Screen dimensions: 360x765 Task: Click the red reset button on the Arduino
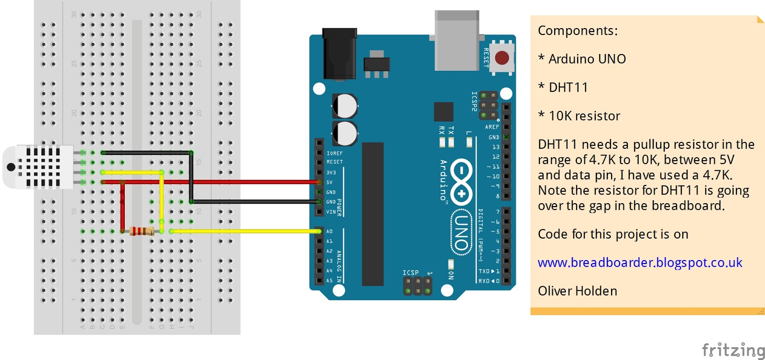(502, 58)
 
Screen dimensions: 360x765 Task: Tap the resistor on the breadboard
(142, 231)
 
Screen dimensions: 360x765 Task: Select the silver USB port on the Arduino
(457, 41)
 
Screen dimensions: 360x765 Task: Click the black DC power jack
(339, 54)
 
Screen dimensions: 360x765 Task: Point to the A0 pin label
(329, 231)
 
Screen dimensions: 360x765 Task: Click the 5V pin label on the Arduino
(329, 182)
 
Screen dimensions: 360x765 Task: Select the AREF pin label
(492, 127)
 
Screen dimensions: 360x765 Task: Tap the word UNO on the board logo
(461, 232)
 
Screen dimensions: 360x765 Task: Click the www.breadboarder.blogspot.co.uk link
(640, 262)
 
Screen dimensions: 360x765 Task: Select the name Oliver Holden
(577, 291)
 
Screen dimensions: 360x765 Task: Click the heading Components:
(578, 31)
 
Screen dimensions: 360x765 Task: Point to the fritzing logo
(733, 350)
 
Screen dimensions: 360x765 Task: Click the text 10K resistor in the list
(584, 116)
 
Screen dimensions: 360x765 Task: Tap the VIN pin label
(331, 212)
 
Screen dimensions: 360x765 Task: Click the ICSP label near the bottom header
(410, 273)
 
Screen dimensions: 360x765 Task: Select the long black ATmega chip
(372, 214)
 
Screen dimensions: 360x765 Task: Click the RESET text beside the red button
(486, 57)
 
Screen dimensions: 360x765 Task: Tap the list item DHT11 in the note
(568, 87)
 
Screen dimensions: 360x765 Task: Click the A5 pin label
(329, 281)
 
